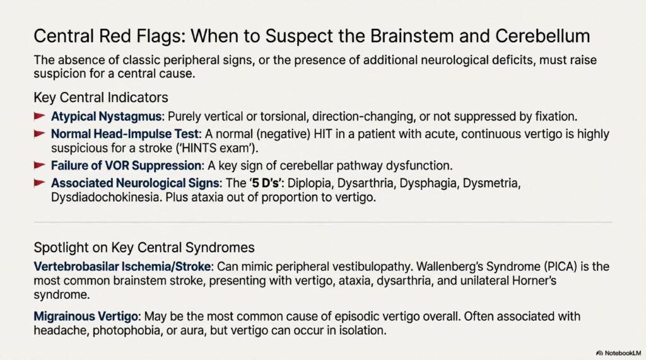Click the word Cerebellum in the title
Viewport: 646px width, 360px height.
click(x=553, y=37)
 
